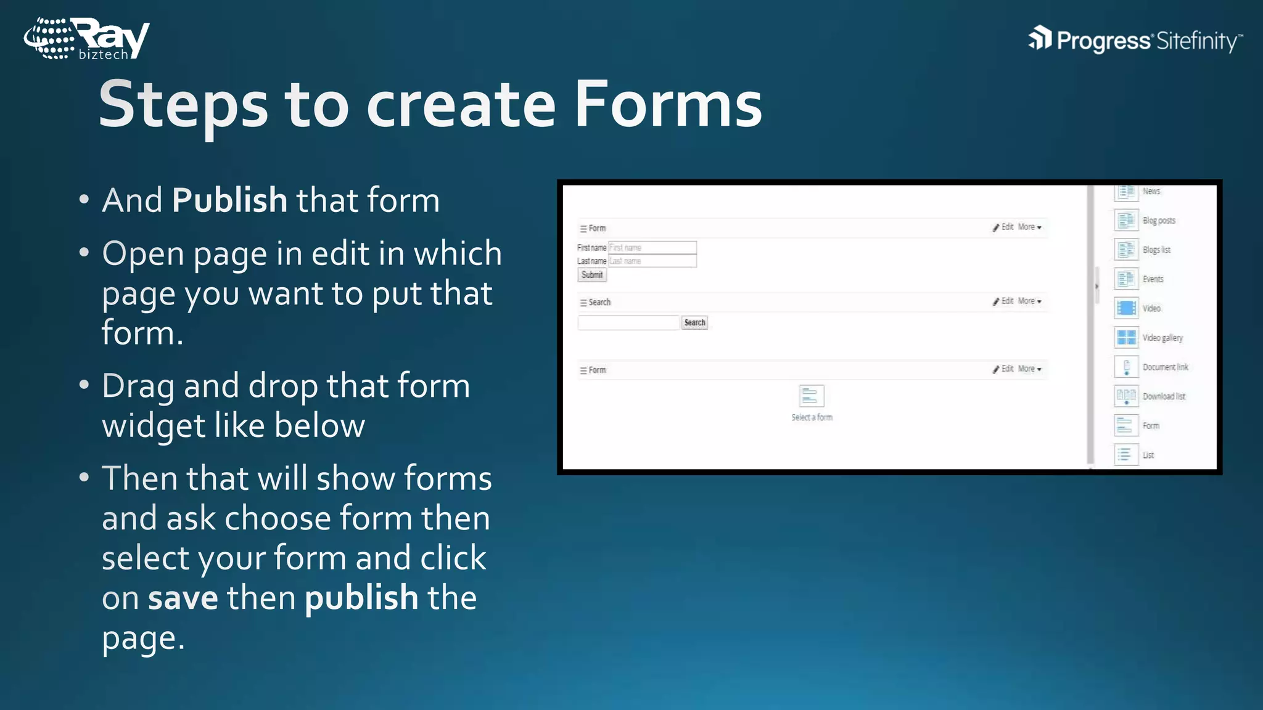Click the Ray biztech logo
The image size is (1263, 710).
pos(86,39)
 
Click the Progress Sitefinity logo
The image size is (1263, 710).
pos(1135,41)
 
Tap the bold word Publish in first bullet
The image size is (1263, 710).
pos(229,200)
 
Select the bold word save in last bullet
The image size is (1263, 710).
pos(183,598)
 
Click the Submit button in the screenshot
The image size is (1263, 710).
pos(592,275)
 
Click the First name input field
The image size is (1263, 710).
pos(652,248)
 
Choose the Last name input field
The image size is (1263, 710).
pos(652,261)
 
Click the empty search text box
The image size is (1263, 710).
pos(628,322)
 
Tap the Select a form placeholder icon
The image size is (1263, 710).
pos(811,396)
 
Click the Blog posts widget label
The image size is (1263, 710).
pos(1159,221)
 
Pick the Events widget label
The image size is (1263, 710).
pos(1153,279)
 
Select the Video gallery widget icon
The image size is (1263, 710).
pos(1126,338)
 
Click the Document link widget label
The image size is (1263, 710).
pos(1165,367)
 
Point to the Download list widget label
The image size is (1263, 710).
pos(1164,396)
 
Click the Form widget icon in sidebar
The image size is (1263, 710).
pos(1126,426)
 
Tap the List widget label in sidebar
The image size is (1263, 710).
pos(1148,455)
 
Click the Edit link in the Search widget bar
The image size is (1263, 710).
pos(1007,301)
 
